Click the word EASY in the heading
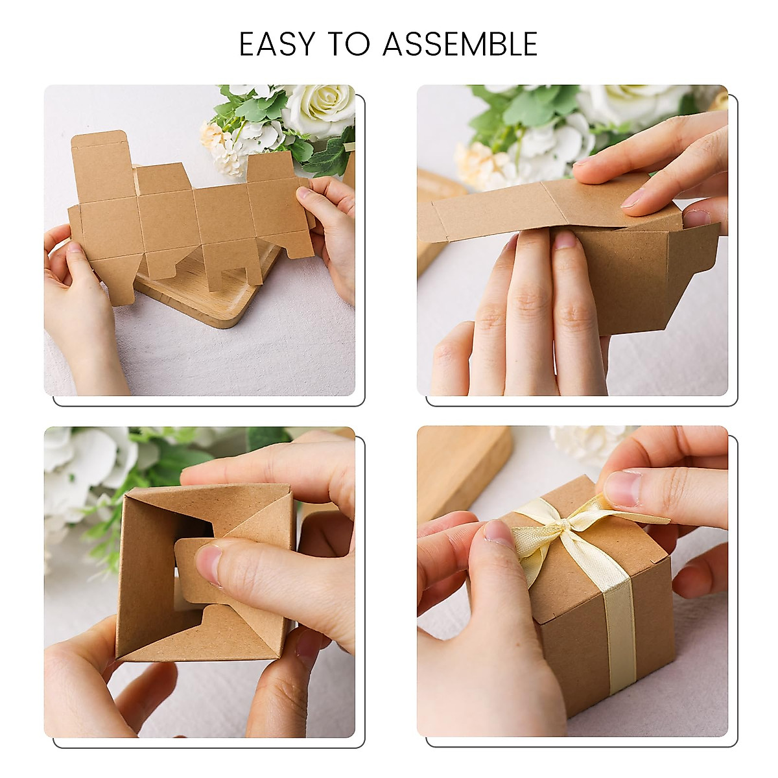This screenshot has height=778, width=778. coord(277,44)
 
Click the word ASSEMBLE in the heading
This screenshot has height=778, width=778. coord(460,44)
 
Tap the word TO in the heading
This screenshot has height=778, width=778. coord(348,44)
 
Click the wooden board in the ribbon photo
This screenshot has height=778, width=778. coord(464,467)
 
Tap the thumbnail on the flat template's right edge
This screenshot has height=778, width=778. coord(305,193)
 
